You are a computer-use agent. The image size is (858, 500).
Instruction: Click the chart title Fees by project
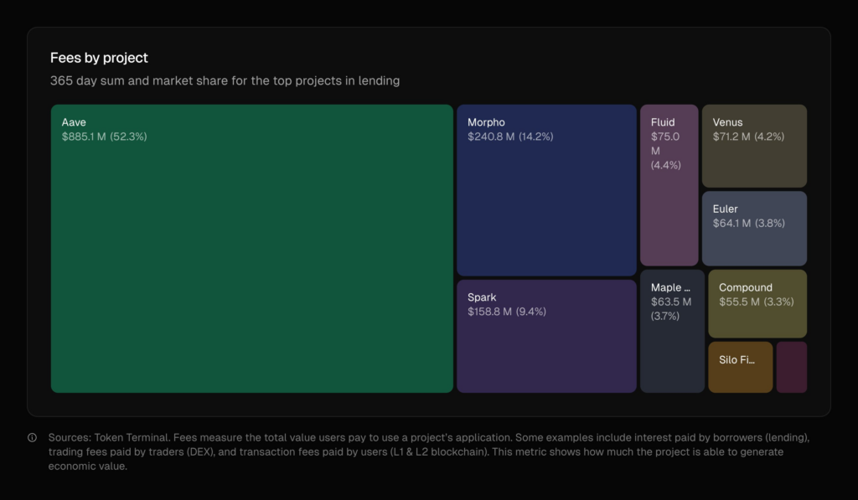[x=99, y=58]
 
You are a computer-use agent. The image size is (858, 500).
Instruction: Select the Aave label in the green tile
[x=74, y=122]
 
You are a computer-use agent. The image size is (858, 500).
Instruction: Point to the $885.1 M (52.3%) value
[x=104, y=137]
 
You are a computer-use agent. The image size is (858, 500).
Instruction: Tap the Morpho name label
[x=486, y=122]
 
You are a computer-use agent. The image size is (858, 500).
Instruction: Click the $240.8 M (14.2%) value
[x=510, y=137]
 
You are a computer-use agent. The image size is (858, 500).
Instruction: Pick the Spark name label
[x=482, y=297]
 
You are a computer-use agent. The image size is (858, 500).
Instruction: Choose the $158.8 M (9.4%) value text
[x=507, y=312]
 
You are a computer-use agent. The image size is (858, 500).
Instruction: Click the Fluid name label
[x=663, y=122]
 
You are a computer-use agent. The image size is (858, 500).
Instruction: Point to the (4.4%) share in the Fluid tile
[x=666, y=165]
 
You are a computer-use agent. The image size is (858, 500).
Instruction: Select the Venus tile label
[x=727, y=122]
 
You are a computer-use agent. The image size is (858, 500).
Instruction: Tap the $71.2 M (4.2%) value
[x=747, y=137]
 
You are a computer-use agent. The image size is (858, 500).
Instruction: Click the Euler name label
[x=726, y=209]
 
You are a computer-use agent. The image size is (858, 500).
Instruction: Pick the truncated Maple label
[x=671, y=287]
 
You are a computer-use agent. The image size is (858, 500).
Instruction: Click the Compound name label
[x=746, y=287]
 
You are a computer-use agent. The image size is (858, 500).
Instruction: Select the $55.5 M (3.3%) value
[x=756, y=302]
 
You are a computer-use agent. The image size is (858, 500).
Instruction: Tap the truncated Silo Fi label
[x=737, y=360]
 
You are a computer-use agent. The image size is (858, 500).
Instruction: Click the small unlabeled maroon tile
[x=791, y=367]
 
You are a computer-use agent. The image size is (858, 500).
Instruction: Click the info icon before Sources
[x=32, y=437]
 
